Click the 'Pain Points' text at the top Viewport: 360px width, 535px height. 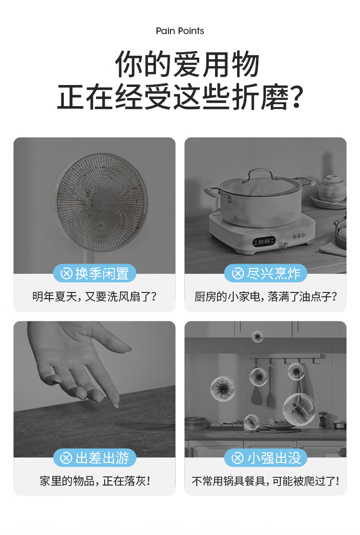coord(180,31)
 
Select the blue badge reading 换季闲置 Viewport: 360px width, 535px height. coord(95,273)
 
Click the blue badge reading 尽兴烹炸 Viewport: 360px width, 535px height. coord(265,273)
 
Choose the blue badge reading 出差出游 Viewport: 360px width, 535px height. coord(95,458)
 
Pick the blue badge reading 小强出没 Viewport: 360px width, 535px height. coord(265,458)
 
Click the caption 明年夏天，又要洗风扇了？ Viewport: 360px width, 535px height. coord(95,296)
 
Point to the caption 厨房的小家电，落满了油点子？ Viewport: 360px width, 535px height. coord(265,296)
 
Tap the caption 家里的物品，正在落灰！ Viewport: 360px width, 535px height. coord(95,481)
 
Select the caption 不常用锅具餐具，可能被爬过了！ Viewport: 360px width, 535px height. coord(265,481)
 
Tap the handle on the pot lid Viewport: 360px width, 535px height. coord(261,174)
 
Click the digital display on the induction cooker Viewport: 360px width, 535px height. coord(264,241)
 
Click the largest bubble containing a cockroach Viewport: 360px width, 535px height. coord(299,410)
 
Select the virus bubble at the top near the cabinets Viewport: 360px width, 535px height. coord(257,337)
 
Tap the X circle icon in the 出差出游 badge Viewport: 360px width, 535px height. coord(66,458)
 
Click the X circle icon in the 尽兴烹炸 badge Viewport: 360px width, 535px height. coord(238,273)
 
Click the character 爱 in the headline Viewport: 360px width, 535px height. coord(187,64)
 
